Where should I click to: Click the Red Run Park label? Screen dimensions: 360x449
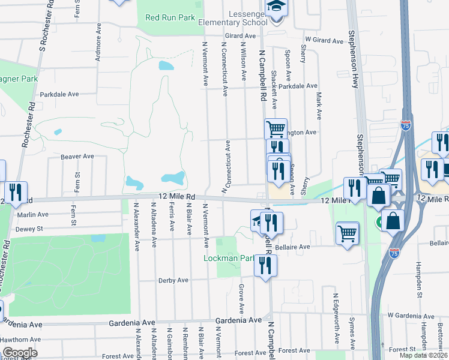(x=170, y=17)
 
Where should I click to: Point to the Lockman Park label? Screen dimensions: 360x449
(x=230, y=258)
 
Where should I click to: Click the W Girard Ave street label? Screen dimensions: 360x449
(x=324, y=41)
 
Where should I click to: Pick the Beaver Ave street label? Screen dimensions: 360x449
(x=77, y=157)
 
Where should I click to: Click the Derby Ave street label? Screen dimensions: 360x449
(x=173, y=280)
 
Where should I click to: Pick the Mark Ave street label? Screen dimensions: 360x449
(x=319, y=103)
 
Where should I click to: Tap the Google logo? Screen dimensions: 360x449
(x=19, y=353)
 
